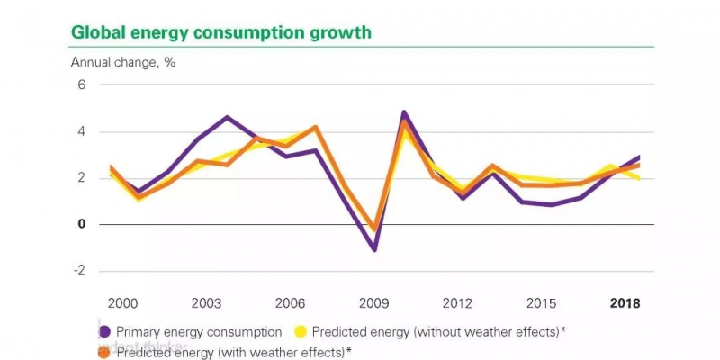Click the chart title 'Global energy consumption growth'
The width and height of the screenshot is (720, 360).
(220, 33)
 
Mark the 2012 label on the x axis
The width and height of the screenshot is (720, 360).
(456, 303)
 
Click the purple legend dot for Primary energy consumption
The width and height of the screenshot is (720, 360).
(105, 332)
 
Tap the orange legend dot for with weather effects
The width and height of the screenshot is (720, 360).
(105, 352)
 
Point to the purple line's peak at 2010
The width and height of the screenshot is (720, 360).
(403, 112)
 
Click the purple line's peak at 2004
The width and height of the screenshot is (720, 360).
(227, 117)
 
